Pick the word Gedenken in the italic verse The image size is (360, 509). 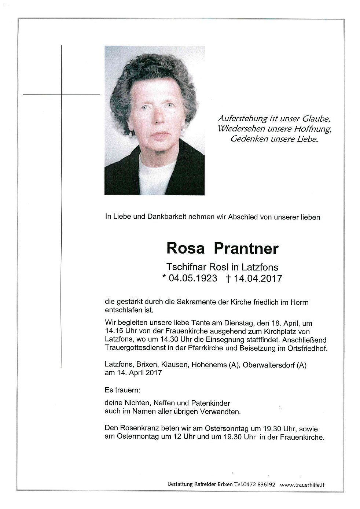(x=246, y=139)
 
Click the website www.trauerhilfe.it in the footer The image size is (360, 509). (x=302, y=484)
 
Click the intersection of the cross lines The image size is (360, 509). (x=61, y=95)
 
